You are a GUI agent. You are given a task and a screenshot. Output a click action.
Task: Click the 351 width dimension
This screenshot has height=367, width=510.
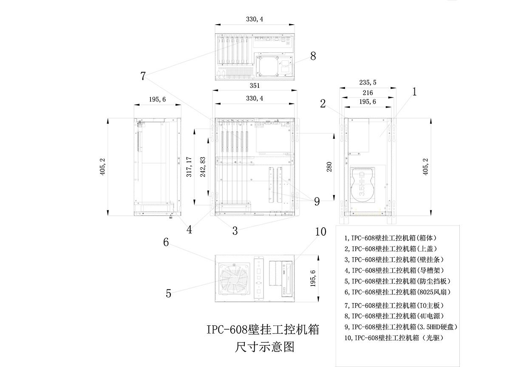(255, 86)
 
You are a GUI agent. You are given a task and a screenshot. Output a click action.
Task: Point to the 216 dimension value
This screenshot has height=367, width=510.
(368, 93)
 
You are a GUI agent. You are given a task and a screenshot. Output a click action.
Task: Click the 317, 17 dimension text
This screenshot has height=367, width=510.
(189, 167)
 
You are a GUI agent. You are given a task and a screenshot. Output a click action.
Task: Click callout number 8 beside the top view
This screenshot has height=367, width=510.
(313, 56)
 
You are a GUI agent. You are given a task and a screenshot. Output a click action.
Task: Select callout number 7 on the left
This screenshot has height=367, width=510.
(143, 76)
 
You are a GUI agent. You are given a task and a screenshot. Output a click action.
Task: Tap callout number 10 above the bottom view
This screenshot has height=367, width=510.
(320, 232)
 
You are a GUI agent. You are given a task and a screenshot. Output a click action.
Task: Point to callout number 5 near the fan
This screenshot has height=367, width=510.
(168, 294)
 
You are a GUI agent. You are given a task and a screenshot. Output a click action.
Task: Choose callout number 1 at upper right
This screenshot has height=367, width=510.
(415, 91)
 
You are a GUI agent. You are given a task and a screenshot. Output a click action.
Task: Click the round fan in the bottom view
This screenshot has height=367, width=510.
(233, 278)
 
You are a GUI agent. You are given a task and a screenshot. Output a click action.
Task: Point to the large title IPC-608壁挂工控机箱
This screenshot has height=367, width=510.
(263, 330)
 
